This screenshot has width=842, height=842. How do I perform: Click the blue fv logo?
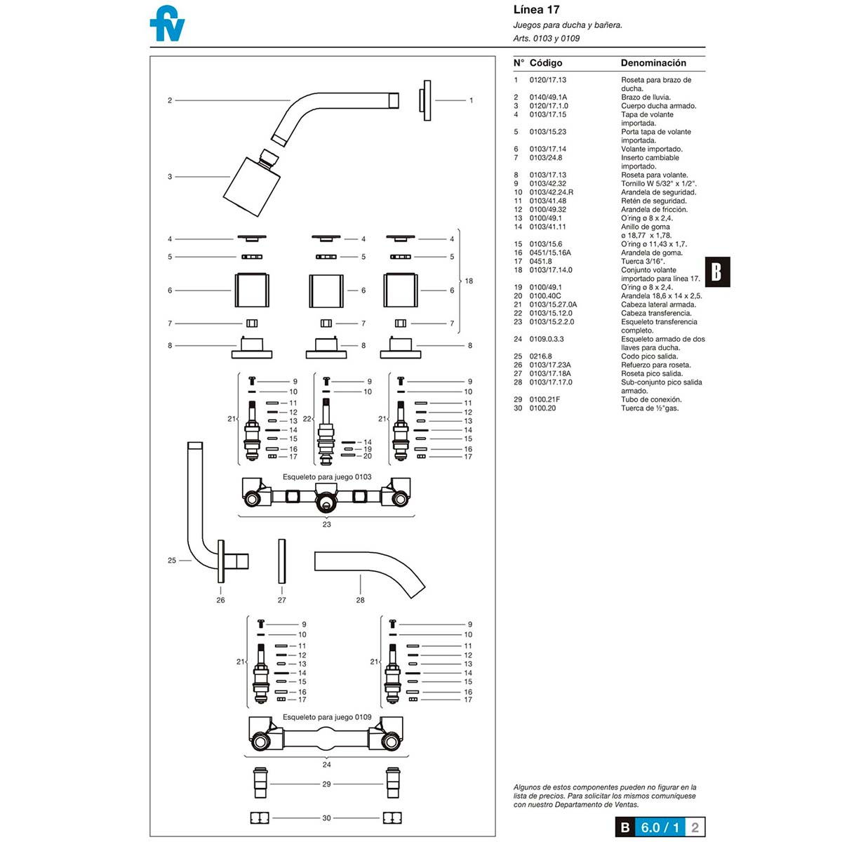click(x=167, y=24)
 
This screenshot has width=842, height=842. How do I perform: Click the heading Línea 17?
click(x=536, y=10)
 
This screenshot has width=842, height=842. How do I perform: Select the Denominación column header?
click(x=653, y=63)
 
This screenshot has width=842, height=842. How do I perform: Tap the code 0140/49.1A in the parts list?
click(x=548, y=97)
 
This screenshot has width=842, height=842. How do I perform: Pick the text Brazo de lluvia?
click(x=646, y=97)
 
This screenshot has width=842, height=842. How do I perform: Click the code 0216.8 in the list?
click(x=540, y=356)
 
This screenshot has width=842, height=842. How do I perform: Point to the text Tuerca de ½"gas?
click(x=650, y=408)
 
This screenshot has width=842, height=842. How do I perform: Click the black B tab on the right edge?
click(x=717, y=272)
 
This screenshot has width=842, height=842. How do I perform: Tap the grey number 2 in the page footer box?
click(x=695, y=827)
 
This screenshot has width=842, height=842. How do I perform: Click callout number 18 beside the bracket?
click(x=469, y=281)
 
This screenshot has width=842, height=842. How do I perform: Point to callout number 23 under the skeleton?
click(x=326, y=524)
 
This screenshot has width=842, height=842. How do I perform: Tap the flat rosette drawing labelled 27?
click(x=282, y=561)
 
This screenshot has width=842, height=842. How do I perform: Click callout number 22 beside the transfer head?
click(x=307, y=419)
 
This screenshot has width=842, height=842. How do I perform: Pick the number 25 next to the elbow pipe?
click(x=172, y=560)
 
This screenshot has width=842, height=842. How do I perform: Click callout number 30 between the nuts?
click(x=326, y=818)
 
